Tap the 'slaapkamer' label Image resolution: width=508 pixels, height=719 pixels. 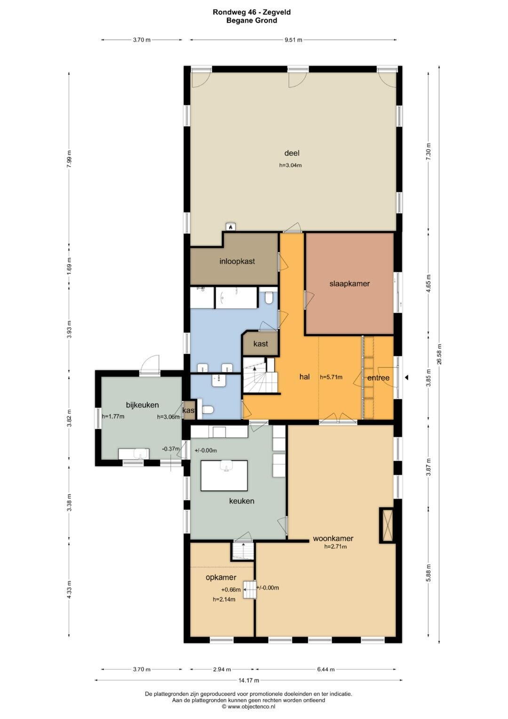click(x=349, y=284)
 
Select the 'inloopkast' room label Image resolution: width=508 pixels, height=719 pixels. click(x=237, y=261)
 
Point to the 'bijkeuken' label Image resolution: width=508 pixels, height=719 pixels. click(x=143, y=405)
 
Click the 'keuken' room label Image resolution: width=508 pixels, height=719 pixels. click(x=242, y=501)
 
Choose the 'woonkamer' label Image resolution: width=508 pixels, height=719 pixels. click(x=333, y=538)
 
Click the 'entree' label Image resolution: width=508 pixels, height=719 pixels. click(x=379, y=378)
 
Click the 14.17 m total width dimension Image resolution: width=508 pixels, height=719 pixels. click(x=248, y=680)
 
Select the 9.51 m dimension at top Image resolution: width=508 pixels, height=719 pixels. click(x=294, y=40)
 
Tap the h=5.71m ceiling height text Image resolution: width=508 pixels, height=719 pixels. click(x=331, y=377)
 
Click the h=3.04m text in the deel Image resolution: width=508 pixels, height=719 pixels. click(x=291, y=166)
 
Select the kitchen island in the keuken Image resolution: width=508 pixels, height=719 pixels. click(x=224, y=476)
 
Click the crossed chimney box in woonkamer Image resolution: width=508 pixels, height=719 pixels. click(x=387, y=526)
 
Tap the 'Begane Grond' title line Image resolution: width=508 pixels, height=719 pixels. click(x=252, y=20)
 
